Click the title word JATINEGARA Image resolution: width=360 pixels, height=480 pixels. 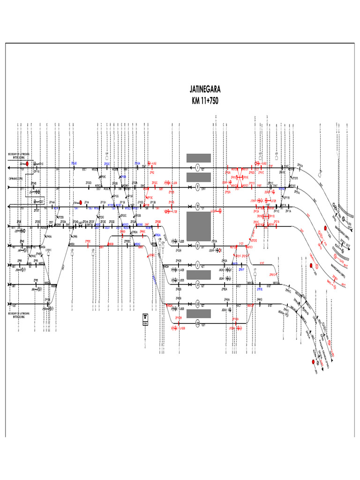[205, 89]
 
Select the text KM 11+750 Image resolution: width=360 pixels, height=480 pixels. [205, 100]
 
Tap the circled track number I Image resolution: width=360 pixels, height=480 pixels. [198, 167]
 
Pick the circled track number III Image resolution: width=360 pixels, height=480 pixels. [198, 206]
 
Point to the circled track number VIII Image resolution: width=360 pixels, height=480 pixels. [198, 323]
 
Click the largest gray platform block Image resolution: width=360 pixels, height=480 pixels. [199, 226]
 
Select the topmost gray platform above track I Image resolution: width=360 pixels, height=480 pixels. [199, 157]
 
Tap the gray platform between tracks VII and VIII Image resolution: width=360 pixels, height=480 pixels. [199, 313]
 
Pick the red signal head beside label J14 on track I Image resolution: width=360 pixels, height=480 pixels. [28, 164]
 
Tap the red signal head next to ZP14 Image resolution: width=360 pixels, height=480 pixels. [81, 202]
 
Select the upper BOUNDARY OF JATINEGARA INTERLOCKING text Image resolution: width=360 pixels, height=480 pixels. [19, 155]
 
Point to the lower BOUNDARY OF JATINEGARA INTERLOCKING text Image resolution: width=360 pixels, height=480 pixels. [19, 315]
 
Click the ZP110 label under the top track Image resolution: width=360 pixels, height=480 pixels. [37, 172]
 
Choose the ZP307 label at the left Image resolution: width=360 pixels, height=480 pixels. [37, 210]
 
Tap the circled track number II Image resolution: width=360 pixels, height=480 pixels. [198, 187]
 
